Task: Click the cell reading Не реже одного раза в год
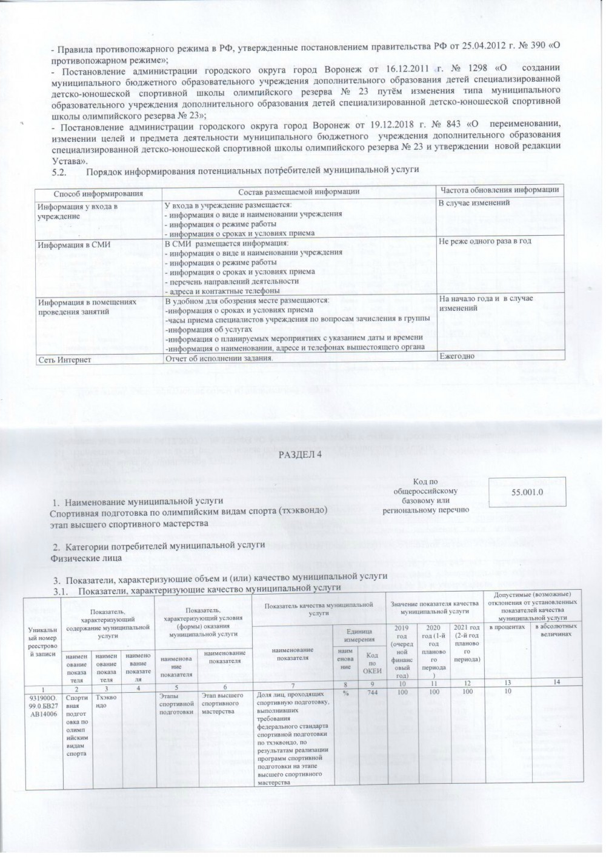pyautogui.click(x=485, y=241)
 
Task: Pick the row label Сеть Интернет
pyautogui.click(x=64, y=360)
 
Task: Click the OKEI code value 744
pyautogui.click(x=365, y=693)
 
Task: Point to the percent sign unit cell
pyautogui.click(x=344, y=693)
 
